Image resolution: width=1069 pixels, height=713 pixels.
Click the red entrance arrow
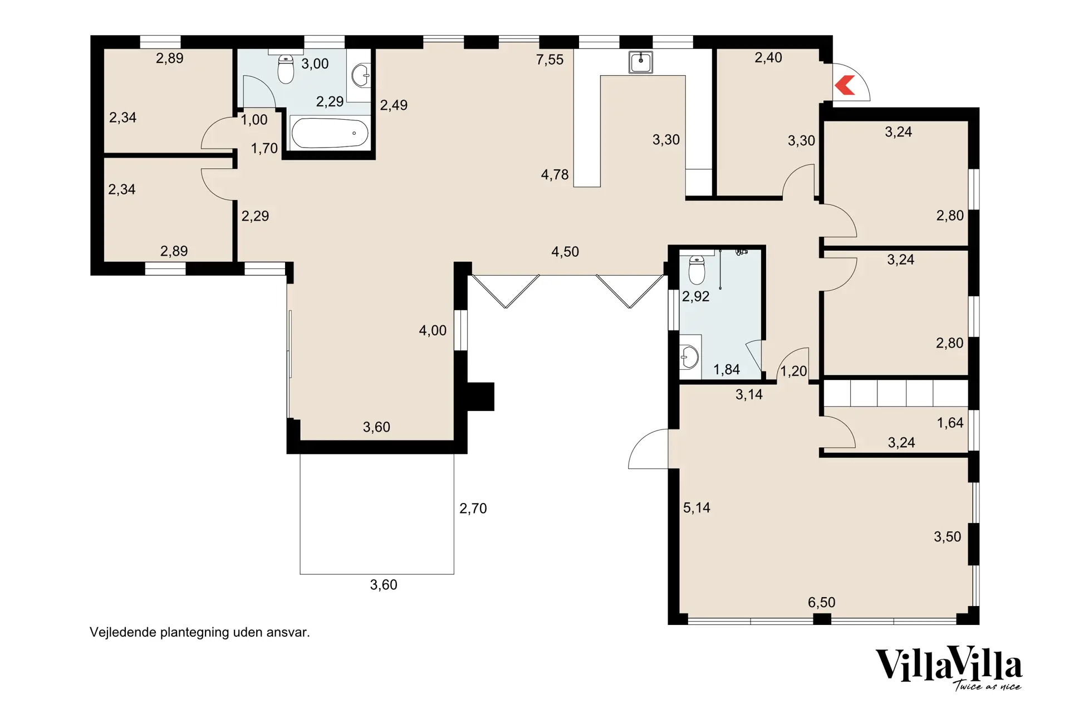[845, 85]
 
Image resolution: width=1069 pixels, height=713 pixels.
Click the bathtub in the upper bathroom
[330, 133]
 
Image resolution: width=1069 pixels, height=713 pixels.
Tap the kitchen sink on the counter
[641, 62]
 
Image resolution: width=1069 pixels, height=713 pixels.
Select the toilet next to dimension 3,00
[286, 69]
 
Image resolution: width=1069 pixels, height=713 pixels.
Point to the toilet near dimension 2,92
[697, 270]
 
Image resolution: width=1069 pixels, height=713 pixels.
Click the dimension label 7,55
[550, 60]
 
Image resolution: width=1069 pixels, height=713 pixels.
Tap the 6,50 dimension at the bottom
[821, 602]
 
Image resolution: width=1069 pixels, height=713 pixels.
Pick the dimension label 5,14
[697, 507]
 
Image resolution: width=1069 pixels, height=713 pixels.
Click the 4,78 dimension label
[555, 175]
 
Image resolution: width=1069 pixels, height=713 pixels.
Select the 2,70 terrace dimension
[473, 508]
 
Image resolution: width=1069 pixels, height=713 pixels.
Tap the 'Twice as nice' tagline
[988, 686]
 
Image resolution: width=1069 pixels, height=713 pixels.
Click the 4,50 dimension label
[565, 252]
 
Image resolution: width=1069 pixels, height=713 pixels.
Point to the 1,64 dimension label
[950, 423]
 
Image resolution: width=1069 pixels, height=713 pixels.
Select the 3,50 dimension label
[947, 536]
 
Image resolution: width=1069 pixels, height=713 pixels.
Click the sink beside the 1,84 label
[690, 357]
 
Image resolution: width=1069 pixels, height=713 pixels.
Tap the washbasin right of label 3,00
[361, 76]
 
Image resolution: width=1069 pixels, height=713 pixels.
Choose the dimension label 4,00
[433, 330]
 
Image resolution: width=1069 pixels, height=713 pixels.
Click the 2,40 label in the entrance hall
[768, 57]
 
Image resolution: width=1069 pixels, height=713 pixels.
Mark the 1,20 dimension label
[793, 371]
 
